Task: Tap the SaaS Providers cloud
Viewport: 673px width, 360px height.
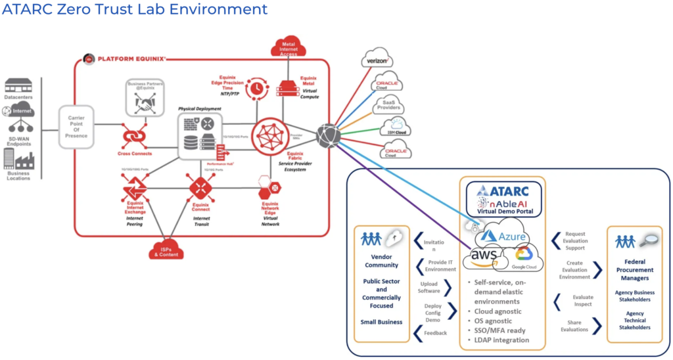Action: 388,104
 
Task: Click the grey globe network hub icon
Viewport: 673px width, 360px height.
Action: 328,136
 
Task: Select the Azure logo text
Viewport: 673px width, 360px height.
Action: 505,235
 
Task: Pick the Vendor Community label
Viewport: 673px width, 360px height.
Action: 381,261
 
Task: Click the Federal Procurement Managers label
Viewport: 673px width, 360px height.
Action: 634,270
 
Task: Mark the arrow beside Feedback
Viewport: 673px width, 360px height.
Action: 417,334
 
